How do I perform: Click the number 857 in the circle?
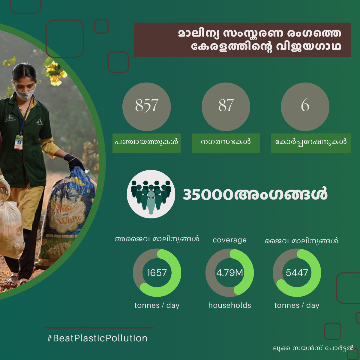tap(147, 105)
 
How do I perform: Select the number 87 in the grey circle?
tap(226, 105)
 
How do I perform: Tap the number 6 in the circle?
tap(305, 105)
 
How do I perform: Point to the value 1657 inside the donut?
tap(157, 273)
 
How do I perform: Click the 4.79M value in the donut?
tap(229, 273)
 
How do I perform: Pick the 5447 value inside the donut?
tap(297, 273)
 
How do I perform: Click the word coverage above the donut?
tap(229, 240)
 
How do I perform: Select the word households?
tap(229, 305)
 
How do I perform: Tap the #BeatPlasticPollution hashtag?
tap(97, 338)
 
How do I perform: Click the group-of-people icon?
tap(151, 194)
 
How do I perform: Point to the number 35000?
tap(208, 194)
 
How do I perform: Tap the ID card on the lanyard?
tap(19, 142)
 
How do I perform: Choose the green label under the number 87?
tap(226, 143)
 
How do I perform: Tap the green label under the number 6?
tap(311, 143)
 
